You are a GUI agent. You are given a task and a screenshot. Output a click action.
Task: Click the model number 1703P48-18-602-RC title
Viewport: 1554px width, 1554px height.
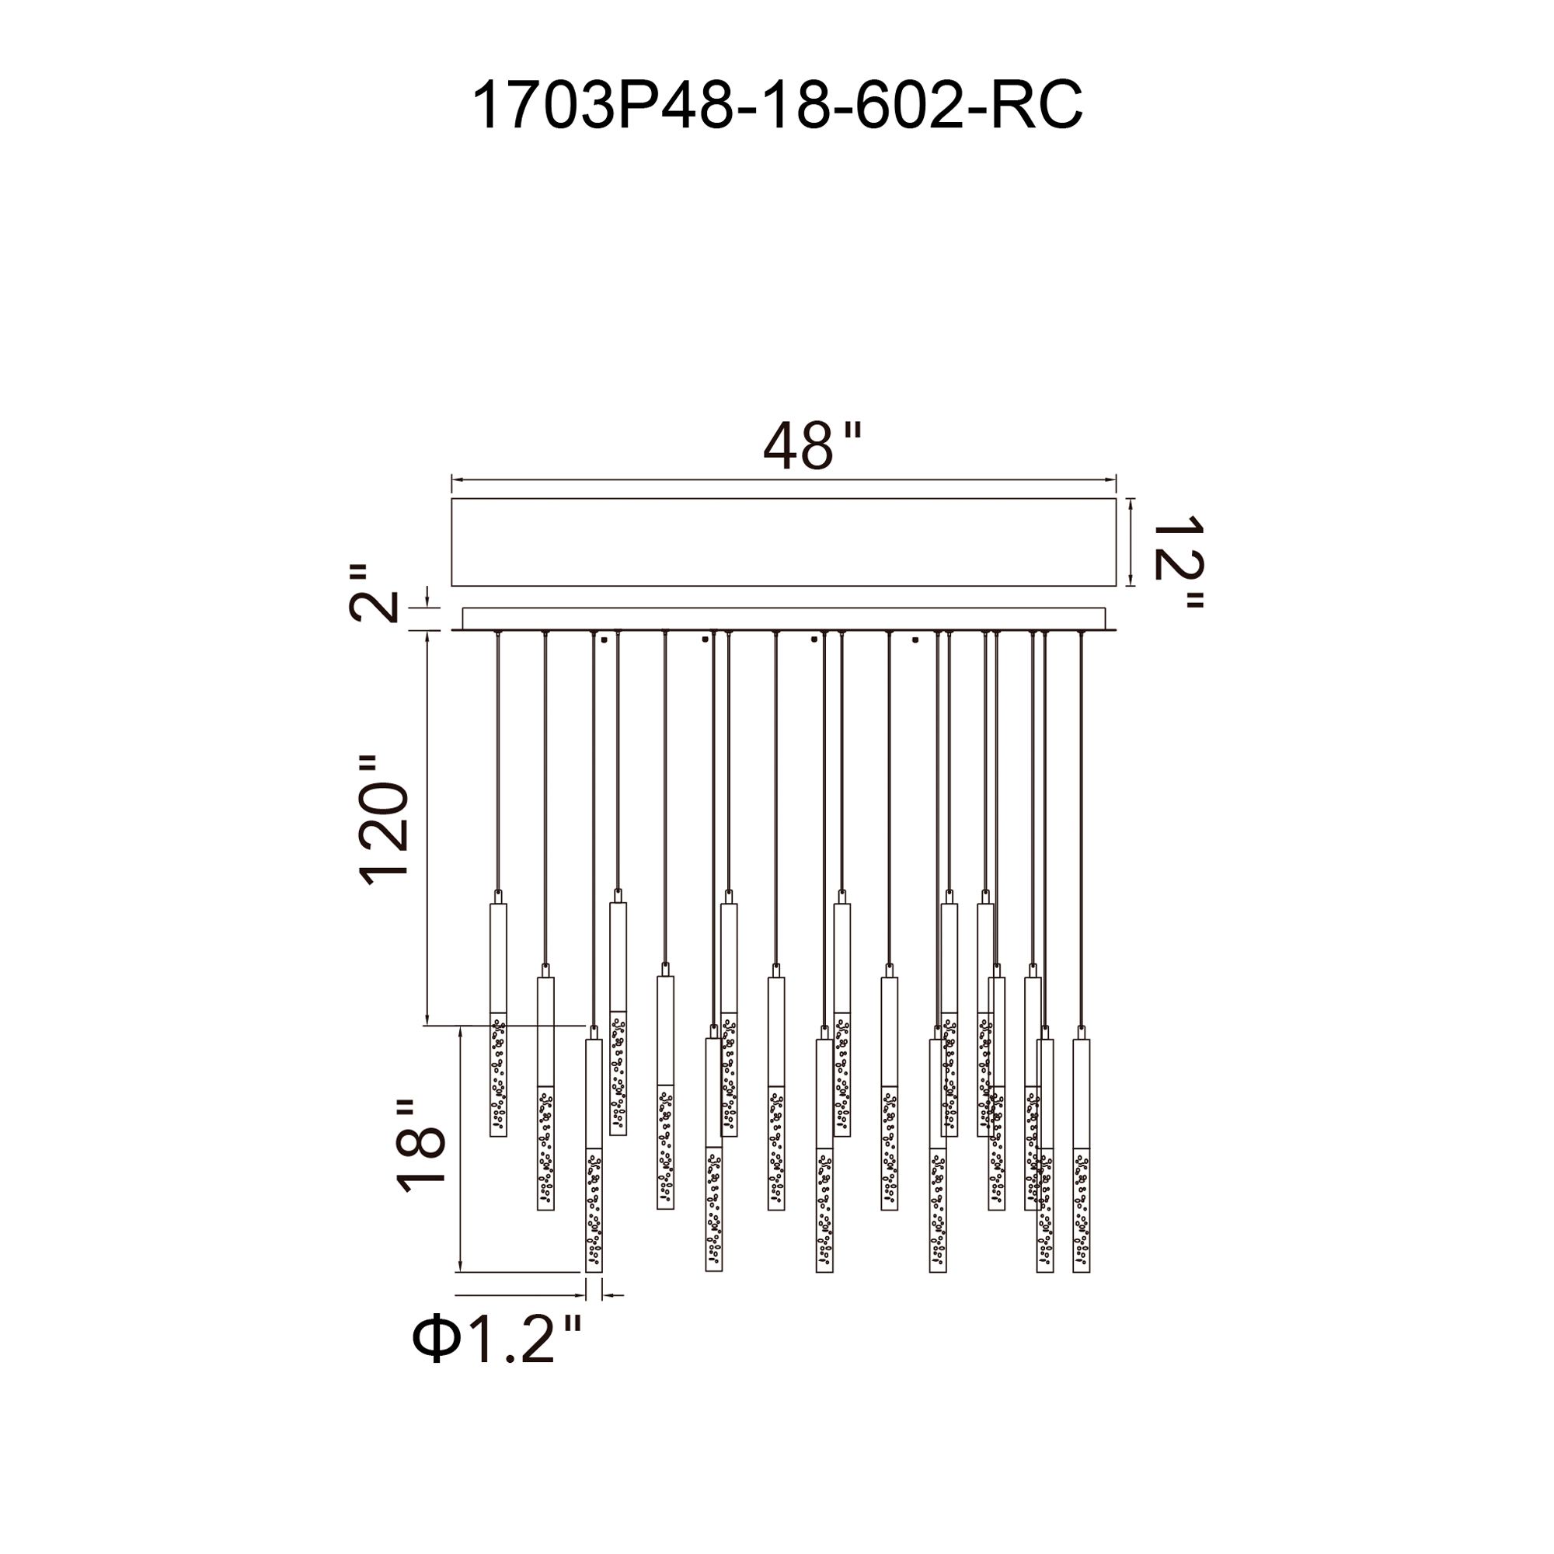[x=776, y=105]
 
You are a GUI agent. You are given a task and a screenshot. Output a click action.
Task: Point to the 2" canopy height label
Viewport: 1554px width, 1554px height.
[x=373, y=593]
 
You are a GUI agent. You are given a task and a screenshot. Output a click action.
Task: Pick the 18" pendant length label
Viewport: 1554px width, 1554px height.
[x=420, y=1145]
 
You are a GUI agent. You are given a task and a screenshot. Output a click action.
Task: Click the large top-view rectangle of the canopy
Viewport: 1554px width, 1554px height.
[x=783, y=542]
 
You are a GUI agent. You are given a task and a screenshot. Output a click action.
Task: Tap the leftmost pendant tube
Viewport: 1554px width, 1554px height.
[x=499, y=1019]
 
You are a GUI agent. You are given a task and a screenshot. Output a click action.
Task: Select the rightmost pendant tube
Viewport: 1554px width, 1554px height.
[x=1081, y=1155]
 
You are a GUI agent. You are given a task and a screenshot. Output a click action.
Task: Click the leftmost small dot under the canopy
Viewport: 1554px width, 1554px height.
[x=603, y=641]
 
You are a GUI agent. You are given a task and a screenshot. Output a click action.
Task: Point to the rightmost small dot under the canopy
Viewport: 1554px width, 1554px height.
[x=915, y=641]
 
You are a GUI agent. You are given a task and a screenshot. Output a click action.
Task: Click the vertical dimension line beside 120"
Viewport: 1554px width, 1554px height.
[x=427, y=828]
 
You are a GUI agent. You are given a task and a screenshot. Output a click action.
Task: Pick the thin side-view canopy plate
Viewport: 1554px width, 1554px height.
[x=783, y=619]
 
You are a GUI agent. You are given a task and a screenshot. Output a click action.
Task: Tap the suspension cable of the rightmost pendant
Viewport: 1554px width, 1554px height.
[x=1081, y=829]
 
